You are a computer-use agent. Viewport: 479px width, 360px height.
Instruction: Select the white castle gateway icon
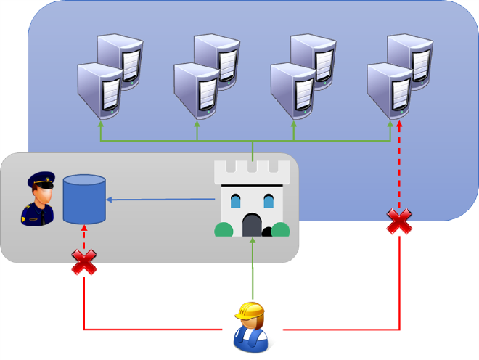(x=252, y=199)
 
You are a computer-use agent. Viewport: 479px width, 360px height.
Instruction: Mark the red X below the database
(x=84, y=262)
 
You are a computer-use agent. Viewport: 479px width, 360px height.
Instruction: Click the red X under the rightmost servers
(x=399, y=221)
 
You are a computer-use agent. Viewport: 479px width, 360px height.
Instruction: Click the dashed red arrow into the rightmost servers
(x=399, y=167)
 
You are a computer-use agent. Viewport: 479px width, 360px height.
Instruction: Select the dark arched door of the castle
(x=252, y=224)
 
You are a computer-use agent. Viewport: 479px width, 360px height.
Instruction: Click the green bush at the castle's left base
(x=223, y=229)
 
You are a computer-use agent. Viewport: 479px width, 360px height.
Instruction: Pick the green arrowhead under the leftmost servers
(x=100, y=126)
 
